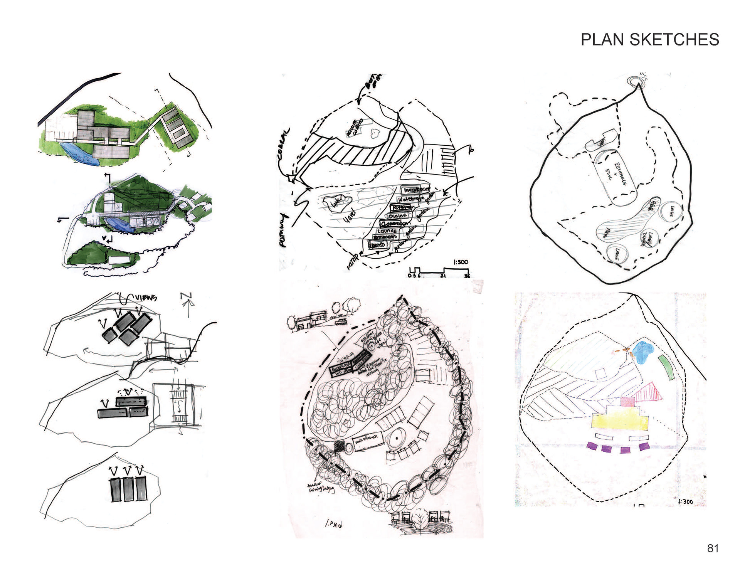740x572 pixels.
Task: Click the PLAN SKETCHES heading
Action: point(649,40)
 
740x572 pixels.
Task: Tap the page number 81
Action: point(713,548)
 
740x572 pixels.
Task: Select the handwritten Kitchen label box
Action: point(400,207)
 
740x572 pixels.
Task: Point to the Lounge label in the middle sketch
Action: point(387,231)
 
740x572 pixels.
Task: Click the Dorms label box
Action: point(377,245)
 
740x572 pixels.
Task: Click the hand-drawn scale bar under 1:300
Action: point(439,271)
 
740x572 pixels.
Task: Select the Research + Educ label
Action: point(615,177)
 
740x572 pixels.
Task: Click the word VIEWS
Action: point(145,298)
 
